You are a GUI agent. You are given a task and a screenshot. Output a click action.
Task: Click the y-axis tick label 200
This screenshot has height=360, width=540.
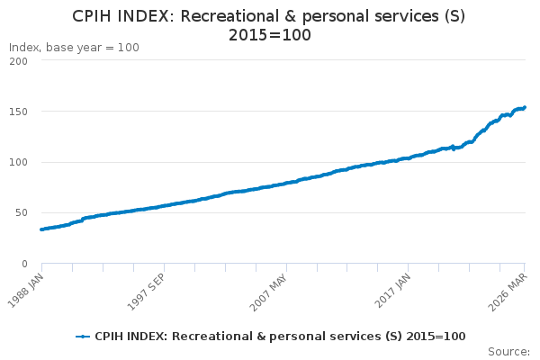tap(19, 61)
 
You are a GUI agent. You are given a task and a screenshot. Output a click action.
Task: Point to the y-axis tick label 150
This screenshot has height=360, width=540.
tap(19, 112)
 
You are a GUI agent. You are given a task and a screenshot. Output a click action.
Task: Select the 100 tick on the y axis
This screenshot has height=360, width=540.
tap(19, 163)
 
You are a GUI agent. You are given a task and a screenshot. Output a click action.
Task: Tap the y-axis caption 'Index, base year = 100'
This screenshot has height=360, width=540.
tap(74, 48)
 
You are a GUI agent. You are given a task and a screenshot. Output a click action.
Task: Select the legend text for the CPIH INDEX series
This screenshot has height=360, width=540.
tap(280, 336)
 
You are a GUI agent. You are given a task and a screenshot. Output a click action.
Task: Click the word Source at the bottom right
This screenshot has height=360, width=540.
tap(508, 351)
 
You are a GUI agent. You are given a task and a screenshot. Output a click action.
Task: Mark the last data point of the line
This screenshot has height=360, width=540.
tap(525, 108)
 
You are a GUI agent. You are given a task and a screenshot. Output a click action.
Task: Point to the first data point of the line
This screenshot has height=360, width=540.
tap(41, 229)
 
